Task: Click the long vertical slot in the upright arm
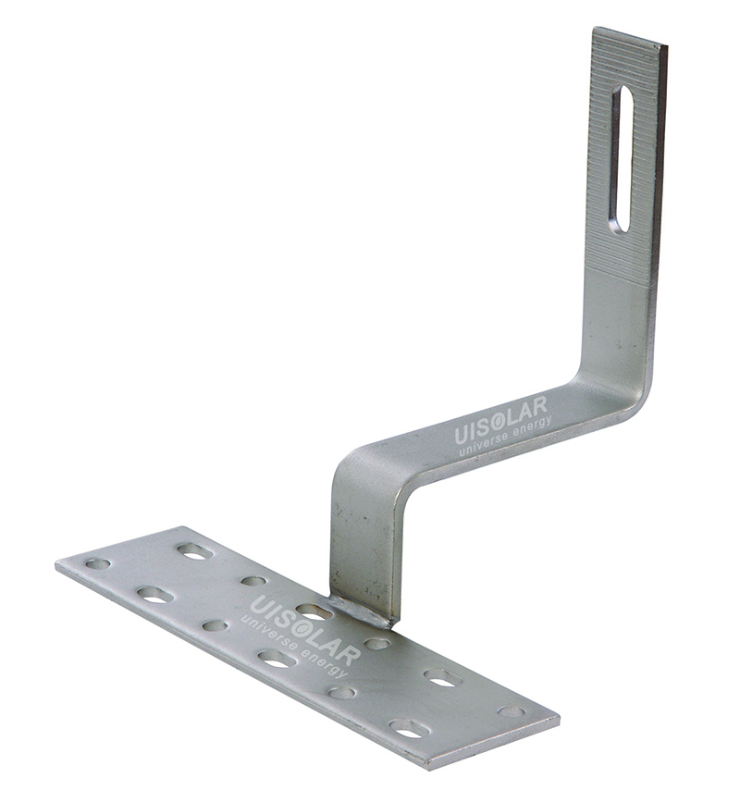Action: (622, 159)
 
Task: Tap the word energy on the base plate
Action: (325, 664)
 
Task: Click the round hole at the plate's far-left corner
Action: (98, 563)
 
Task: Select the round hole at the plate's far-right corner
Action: (512, 711)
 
